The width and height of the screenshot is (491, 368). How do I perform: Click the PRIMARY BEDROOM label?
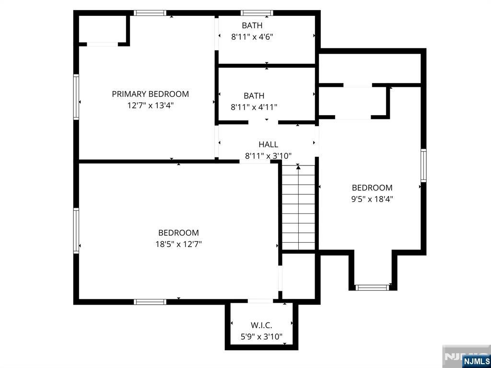click(150, 94)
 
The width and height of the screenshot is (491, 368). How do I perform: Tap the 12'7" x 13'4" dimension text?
click(150, 106)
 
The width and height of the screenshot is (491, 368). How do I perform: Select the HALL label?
click(269, 144)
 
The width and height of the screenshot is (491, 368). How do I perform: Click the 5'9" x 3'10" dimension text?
click(261, 337)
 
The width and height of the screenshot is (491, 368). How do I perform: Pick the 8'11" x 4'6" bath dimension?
click(252, 37)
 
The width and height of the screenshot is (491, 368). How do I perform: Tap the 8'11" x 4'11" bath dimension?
click(254, 107)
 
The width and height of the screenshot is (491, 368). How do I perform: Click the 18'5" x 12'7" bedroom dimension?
click(178, 244)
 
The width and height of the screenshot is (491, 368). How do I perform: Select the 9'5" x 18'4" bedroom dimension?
click(372, 199)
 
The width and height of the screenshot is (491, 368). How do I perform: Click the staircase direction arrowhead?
click(298, 167)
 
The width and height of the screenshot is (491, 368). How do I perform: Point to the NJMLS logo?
click(476, 360)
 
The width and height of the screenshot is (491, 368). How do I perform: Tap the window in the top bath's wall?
click(257, 13)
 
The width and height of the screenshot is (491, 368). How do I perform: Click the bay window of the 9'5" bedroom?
click(372, 287)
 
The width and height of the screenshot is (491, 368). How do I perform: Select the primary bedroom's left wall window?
click(76, 97)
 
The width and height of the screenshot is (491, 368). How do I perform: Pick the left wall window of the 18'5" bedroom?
click(76, 230)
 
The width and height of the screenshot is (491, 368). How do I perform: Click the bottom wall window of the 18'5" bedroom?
click(150, 302)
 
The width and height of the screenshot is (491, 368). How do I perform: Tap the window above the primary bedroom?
click(150, 13)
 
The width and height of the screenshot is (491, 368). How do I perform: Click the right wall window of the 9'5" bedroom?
click(423, 165)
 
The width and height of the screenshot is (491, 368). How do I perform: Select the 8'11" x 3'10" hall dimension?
click(269, 156)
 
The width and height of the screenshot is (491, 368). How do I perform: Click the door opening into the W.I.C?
click(260, 301)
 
